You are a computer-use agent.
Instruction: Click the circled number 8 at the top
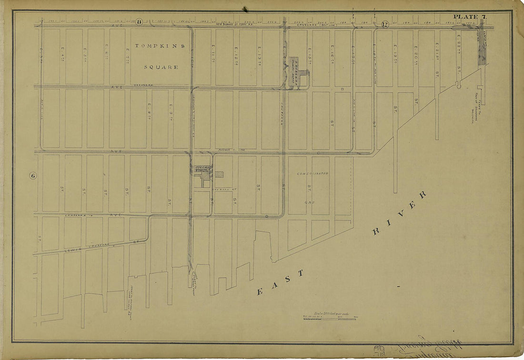pyautogui.click(x=139, y=21)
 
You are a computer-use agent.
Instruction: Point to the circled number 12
pyautogui.click(x=385, y=24)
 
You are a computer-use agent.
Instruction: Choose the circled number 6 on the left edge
pyautogui.click(x=33, y=176)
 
